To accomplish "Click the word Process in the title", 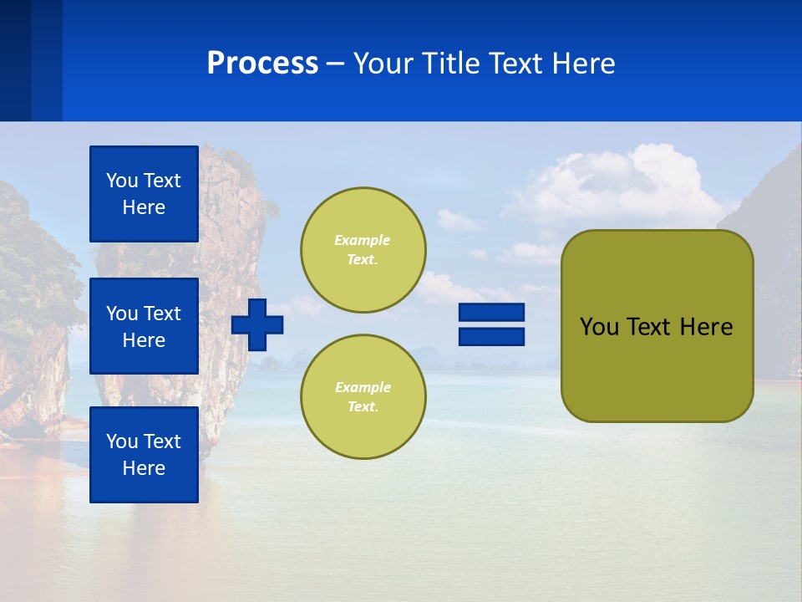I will [x=262, y=64].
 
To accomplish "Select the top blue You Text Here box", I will [x=144, y=194].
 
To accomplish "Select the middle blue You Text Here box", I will [x=144, y=326].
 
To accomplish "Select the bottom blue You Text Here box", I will [x=144, y=454].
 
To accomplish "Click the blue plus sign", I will [x=257, y=324].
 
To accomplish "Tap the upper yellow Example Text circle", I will [x=363, y=250].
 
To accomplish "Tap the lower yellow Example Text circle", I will [x=363, y=396].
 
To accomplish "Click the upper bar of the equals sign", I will [x=491, y=313].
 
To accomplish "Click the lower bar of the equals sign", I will [x=491, y=336].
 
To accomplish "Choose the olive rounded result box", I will [x=657, y=368].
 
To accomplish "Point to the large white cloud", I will [x=618, y=188].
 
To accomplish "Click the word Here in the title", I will [x=586, y=64].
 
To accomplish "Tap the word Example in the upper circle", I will [x=363, y=240].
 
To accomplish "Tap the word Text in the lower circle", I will [x=363, y=407].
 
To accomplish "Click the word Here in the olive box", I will [x=706, y=327].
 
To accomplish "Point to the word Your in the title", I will [x=383, y=64].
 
